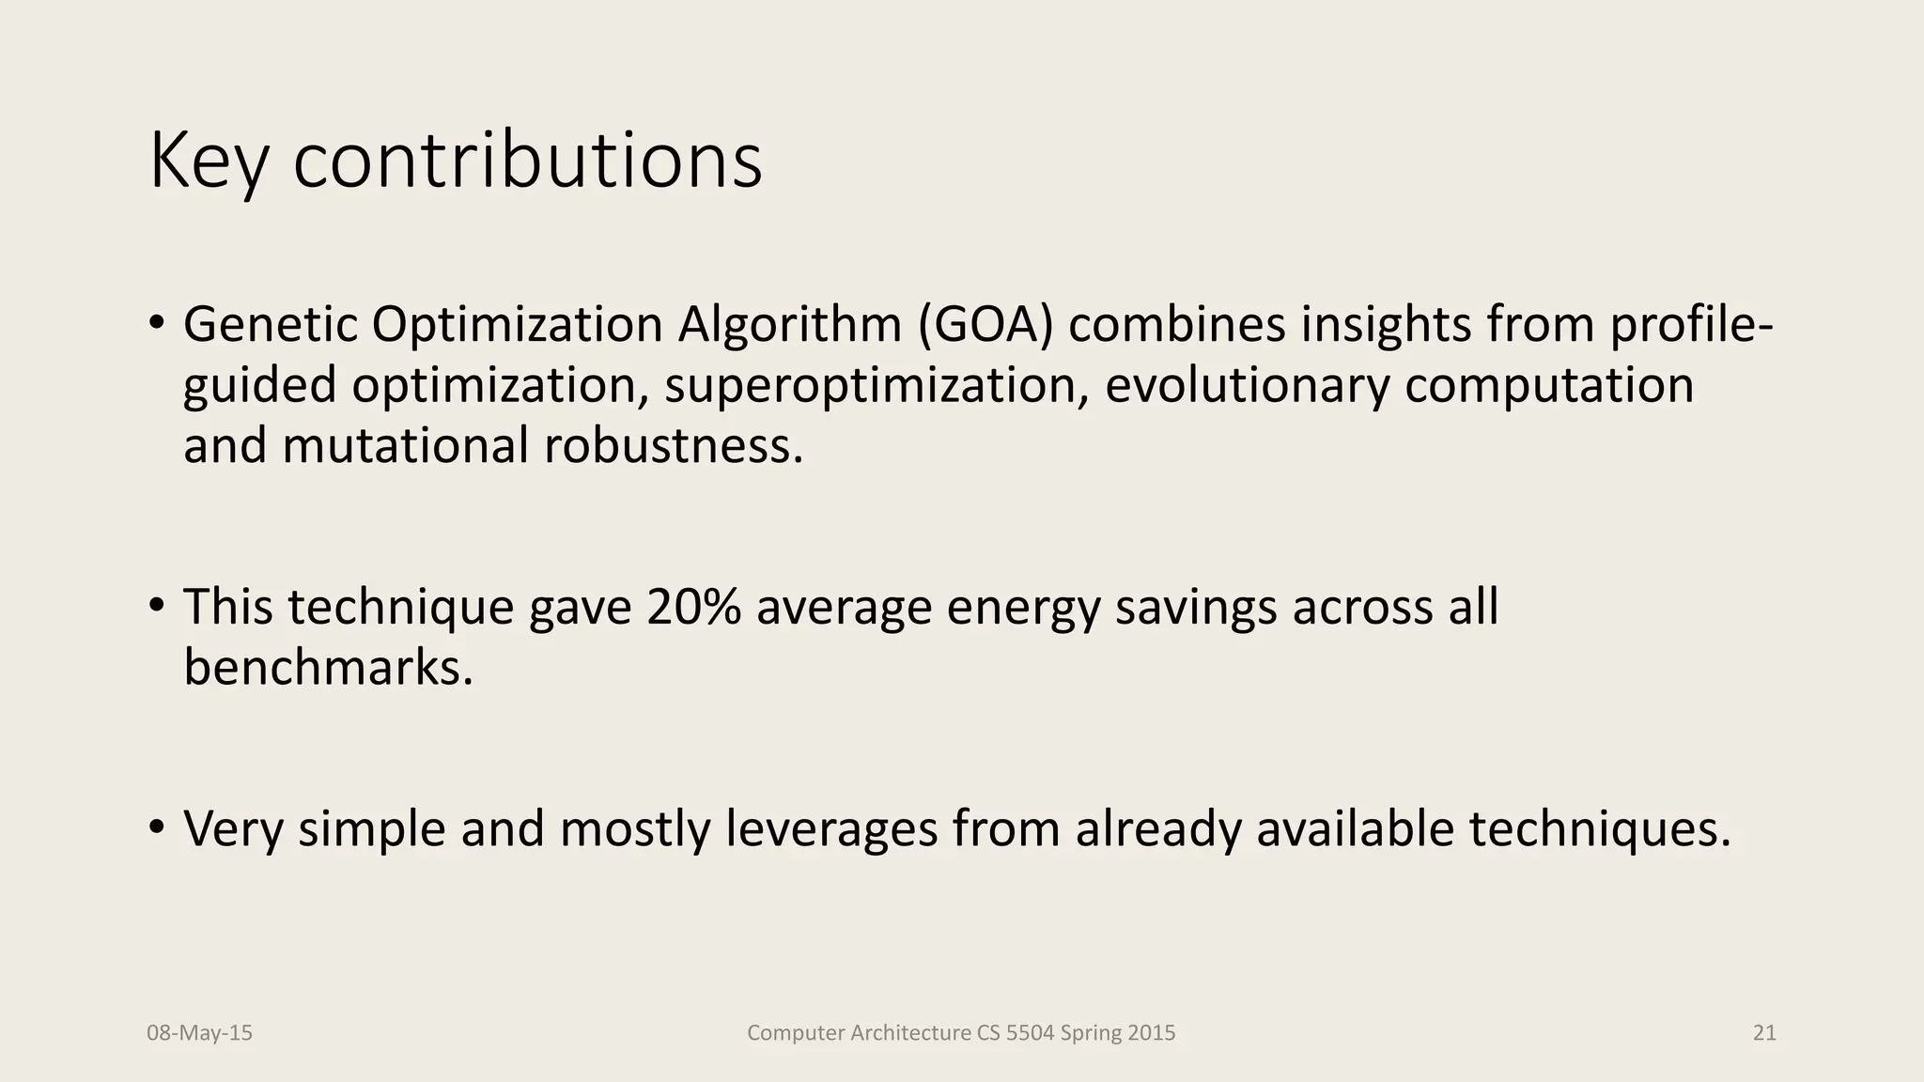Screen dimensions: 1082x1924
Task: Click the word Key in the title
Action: tap(209, 162)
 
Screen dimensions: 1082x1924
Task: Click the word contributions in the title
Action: tap(527, 162)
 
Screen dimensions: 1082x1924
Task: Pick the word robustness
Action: tap(674, 445)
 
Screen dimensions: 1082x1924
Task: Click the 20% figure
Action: tap(693, 607)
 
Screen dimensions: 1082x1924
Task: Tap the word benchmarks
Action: tap(328, 668)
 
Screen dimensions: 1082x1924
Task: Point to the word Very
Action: tap(233, 828)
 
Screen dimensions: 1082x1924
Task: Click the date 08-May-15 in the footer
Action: tap(200, 1033)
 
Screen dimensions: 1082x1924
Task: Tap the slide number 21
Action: tap(1764, 1033)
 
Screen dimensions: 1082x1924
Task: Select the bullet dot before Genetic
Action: tap(157, 323)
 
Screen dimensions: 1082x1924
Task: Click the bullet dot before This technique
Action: tap(157, 606)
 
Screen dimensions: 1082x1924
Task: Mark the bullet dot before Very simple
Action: tap(157, 827)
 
